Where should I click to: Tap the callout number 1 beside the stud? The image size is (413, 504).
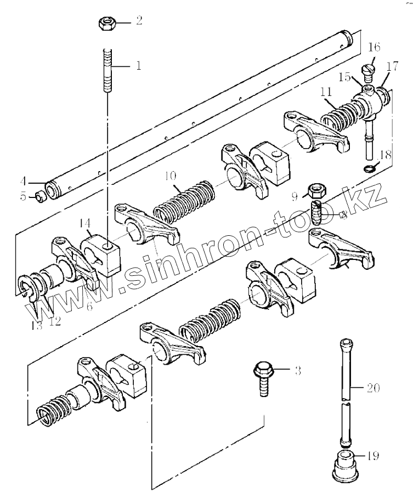click(x=138, y=66)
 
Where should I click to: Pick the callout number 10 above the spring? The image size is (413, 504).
click(x=169, y=176)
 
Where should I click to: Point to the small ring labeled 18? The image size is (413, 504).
click(x=371, y=167)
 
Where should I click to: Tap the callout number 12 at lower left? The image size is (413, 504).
click(x=55, y=321)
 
